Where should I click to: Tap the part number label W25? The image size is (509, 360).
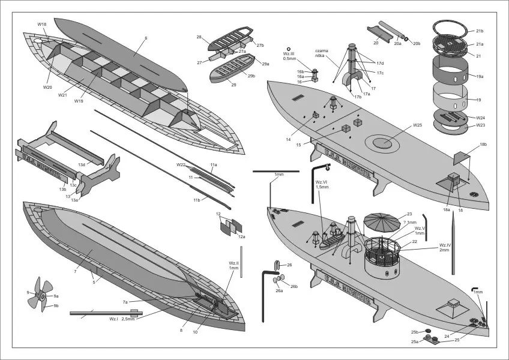[x=418, y=126]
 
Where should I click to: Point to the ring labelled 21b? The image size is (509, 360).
[x=480, y=31]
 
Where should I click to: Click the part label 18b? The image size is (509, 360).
[x=483, y=145]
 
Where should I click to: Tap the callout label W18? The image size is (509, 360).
[x=42, y=25]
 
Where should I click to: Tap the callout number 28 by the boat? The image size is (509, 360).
[x=199, y=37]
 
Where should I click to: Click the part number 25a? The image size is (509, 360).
[x=414, y=342]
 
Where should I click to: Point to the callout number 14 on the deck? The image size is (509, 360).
[x=289, y=140]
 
